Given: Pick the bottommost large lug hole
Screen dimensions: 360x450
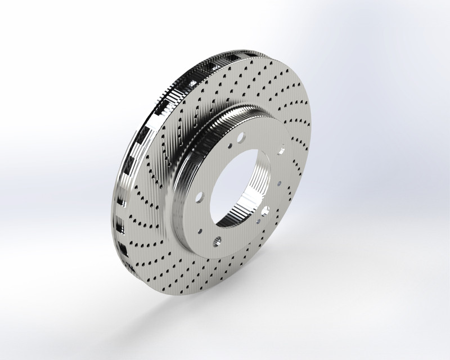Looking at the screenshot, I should tap(217, 242).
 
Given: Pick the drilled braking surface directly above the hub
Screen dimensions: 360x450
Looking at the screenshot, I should tap(247, 84).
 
